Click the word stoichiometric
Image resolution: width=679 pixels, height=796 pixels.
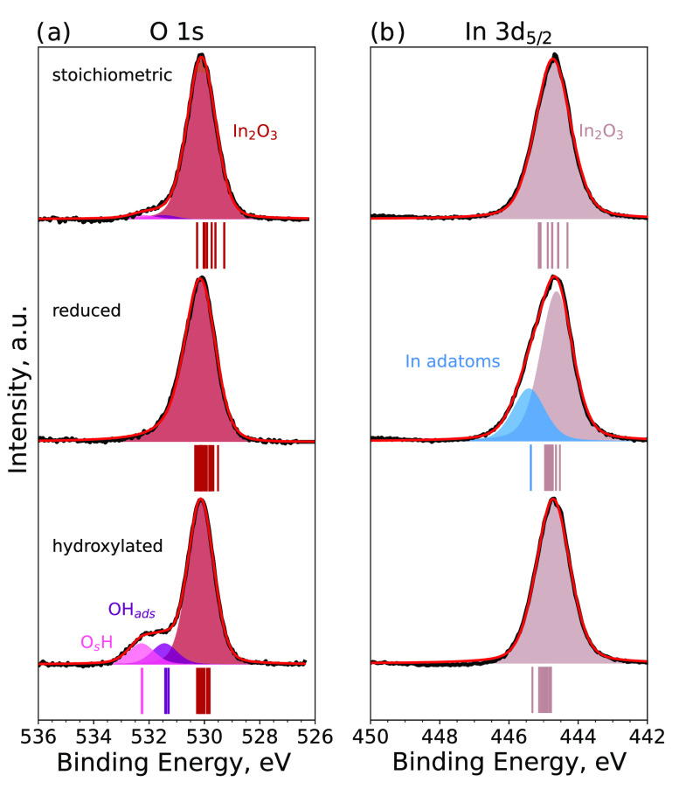110,75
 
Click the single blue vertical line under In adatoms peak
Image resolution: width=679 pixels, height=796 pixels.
530,467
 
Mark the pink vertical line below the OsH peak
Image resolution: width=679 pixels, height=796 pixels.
142,690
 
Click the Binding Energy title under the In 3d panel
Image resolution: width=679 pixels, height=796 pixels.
509,763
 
